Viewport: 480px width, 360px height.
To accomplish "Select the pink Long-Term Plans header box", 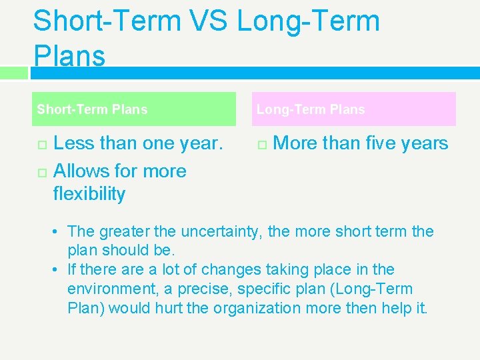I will coord(355,109).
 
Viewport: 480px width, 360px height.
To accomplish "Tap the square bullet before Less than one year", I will coord(41,145).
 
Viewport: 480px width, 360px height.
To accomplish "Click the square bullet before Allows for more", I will coord(41,172).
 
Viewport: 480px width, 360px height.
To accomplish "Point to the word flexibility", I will coord(89,194).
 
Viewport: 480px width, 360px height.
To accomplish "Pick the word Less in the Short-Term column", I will coord(73,143).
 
